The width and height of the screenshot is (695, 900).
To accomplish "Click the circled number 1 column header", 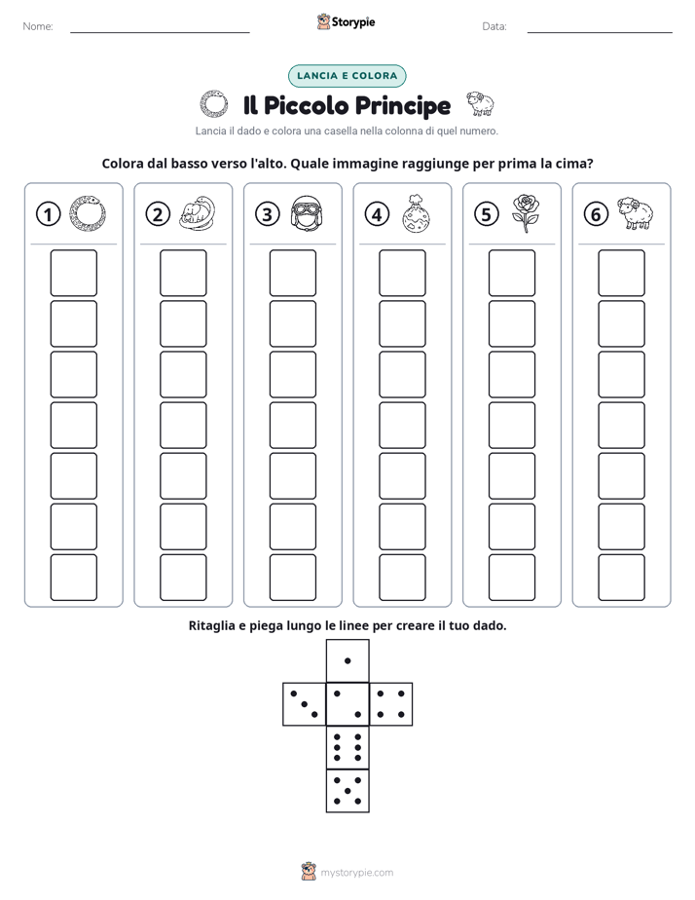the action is [x=48, y=214].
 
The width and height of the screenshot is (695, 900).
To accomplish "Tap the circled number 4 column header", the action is [x=377, y=214].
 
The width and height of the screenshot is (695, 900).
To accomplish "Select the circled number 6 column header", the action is [x=596, y=214].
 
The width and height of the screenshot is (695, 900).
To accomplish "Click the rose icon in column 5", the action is [x=526, y=213].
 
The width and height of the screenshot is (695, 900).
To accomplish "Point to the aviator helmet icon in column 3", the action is [x=307, y=213].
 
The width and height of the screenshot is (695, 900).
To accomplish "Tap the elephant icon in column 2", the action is [x=198, y=213].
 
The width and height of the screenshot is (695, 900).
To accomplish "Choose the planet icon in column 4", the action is [x=417, y=213].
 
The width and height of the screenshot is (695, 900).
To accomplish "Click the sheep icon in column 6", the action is [x=636, y=213].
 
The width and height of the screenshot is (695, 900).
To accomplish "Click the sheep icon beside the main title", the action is [x=479, y=104].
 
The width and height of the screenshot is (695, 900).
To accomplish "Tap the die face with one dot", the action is [x=347, y=661].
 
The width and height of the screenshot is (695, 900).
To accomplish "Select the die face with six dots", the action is [x=347, y=747].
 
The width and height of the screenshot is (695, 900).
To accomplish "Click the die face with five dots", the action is [x=347, y=791].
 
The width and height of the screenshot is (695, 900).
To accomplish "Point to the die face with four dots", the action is [x=391, y=704].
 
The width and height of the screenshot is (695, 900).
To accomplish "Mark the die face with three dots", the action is [x=304, y=704].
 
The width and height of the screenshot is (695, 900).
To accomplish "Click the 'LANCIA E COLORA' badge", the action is [x=347, y=76].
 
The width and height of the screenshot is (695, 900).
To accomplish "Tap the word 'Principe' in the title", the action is [x=403, y=105].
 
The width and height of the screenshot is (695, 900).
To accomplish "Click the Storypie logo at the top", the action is [x=347, y=21].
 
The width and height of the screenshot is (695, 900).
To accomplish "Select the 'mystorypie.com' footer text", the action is [x=356, y=873].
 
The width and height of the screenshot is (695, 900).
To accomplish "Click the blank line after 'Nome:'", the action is [x=160, y=32].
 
